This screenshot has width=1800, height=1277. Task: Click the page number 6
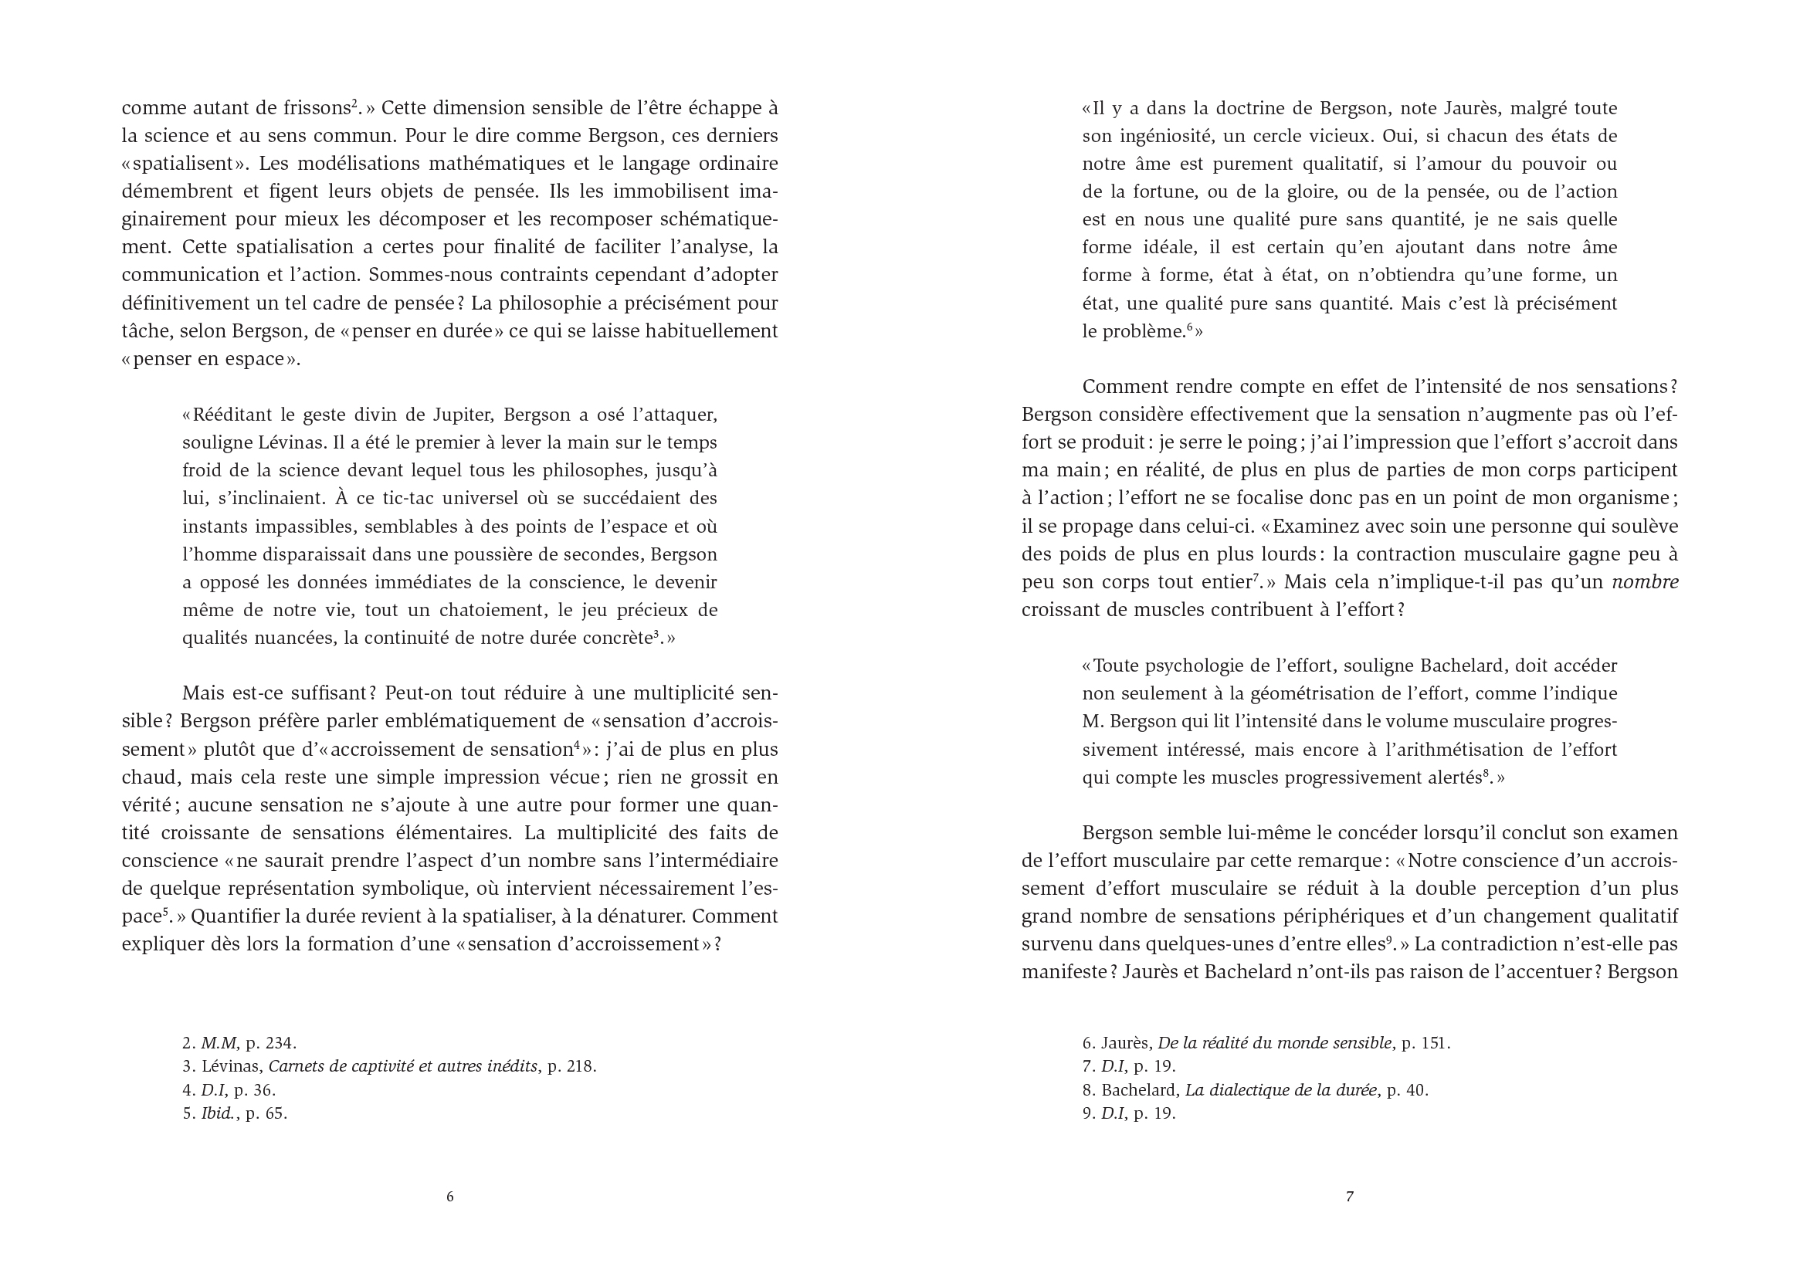tap(449, 1197)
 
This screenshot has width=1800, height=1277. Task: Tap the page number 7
tap(1351, 1197)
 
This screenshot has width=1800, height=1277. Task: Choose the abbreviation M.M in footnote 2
tap(219, 1044)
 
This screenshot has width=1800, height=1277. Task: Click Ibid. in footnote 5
tap(219, 1113)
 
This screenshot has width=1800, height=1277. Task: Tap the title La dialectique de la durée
tap(1281, 1091)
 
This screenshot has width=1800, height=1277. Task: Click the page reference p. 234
tap(270, 1044)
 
